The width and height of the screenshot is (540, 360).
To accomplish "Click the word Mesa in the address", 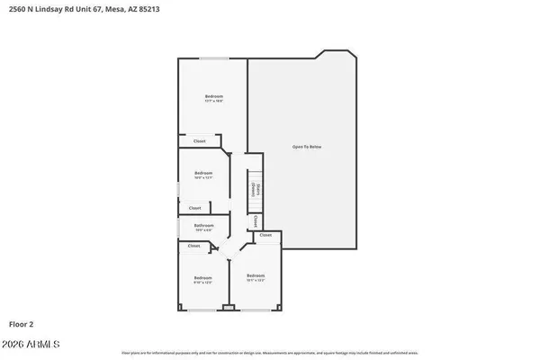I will pyautogui.click(x=135, y=10).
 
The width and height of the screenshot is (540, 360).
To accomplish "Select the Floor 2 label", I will pyautogui.click(x=23, y=322).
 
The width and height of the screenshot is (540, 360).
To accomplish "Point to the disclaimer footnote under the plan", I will pyautogui.click(x=270, y=352).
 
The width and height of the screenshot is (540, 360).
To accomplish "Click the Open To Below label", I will pyautogui.click(x=306, y=147).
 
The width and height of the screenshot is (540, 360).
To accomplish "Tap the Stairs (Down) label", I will pyautogui.click(x=256, y=189).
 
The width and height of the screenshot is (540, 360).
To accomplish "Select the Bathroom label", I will pyautogui.click(x=203, y=226).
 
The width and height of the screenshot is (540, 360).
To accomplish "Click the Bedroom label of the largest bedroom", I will pyautogui.click(x=213, y=96).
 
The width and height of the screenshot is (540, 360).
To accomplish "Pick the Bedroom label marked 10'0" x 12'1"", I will pyautogui.click(x=203, y=173).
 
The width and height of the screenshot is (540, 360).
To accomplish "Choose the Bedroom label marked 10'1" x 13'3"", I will pyautogui.click(x=256, y=275).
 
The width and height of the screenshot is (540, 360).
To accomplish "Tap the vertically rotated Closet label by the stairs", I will pyautogui.click(x=256, y=220).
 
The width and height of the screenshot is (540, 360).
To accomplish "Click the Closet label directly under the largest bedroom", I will pyautogui.click(x=199, y=141).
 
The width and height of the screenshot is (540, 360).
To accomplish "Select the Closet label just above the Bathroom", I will pyautogui.click(x=194, y=208).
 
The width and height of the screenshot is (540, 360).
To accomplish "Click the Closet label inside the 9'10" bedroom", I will pyautogui.click(x=193, y=246).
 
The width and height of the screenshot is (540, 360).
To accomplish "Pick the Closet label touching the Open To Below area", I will pyautogui.click(x=265, y=235).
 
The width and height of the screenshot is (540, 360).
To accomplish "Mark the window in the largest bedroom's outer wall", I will pyautogui.click(x=213, y=58).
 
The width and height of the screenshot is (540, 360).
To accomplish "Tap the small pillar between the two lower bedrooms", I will pyautogui.click(x=229, y=309).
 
